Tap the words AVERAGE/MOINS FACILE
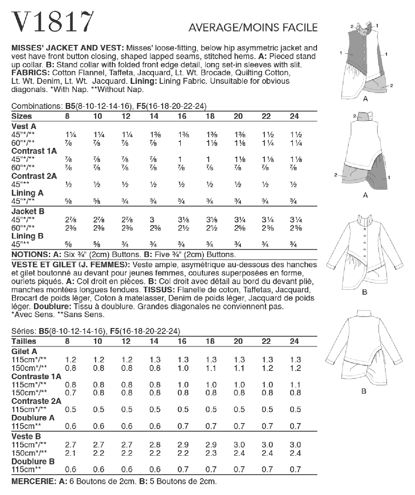click(x=253, y=27)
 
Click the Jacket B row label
click(x=28, y=211)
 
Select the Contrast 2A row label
click(x=34, y=176)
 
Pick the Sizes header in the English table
click(x=21, y=116)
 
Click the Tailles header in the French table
click(x=24, y=341)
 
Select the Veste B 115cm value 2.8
click(x=155, y=445)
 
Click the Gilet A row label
click(x=24, y=351)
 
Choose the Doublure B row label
click(x=33, y=461)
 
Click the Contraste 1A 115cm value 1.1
click(x=295, y=385)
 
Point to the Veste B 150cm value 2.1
click(x=71, y=453)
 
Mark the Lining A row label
click(x=27, y=193)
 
